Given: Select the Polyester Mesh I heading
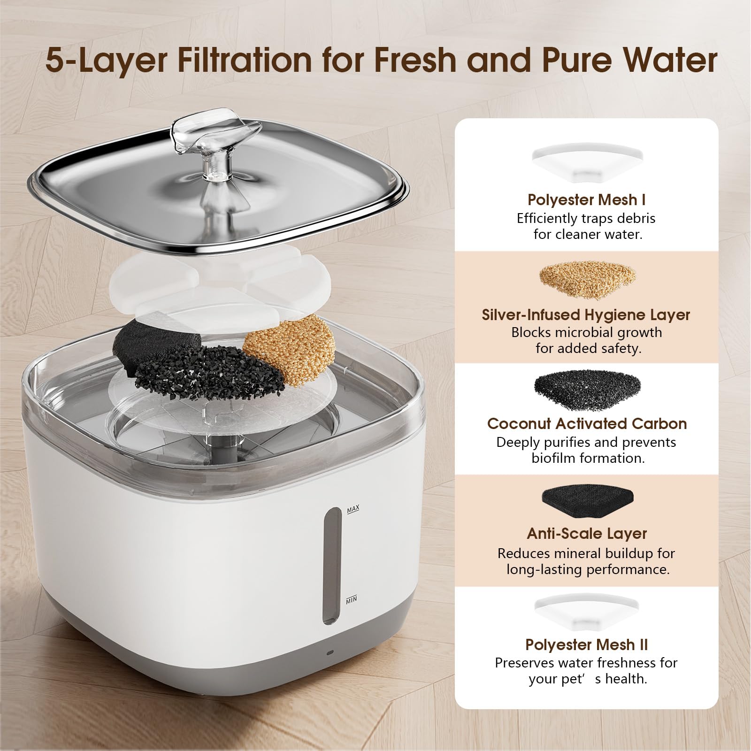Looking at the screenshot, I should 586,199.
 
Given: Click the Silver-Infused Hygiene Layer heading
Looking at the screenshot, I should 586,314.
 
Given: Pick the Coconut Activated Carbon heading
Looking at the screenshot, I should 587,423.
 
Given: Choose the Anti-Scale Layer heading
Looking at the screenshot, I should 587,533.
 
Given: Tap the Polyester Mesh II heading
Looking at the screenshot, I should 586,644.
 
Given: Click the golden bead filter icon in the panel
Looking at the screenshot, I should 587,281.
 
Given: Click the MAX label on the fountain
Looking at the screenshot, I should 353,509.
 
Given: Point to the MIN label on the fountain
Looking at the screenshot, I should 352,599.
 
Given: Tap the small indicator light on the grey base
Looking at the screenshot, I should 330,653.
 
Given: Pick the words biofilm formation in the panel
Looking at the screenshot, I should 588,458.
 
